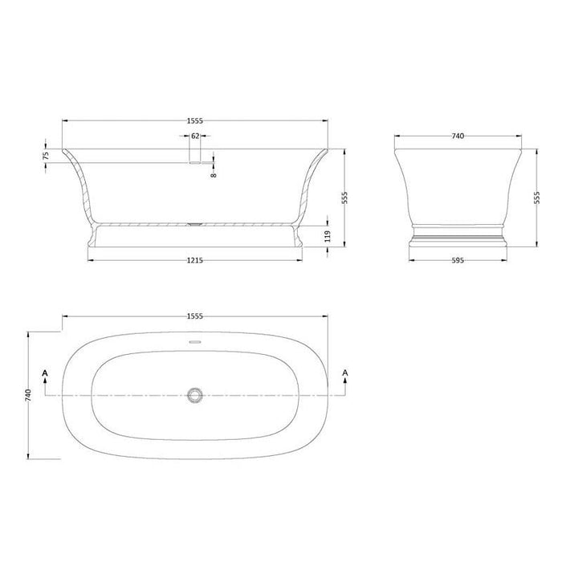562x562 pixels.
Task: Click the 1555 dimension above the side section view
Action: [x=195, y=120]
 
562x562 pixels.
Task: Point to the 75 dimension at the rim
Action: [x=47, y=155]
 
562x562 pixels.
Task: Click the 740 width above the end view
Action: [x=458, y=136]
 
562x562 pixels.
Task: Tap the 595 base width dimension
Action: [x=458, y=259]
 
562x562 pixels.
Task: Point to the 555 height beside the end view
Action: [x=536, y=198]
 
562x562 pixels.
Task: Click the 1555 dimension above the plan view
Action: [x=195, y=316]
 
